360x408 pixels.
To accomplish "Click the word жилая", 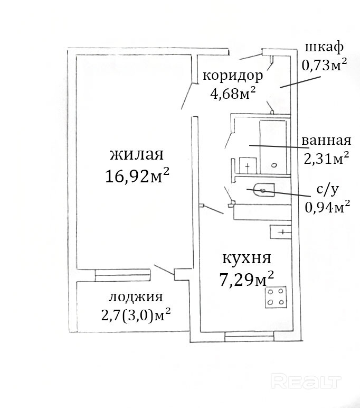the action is click(137, 154).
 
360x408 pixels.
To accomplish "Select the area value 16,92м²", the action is click(137, 175).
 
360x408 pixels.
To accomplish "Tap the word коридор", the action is click(233, 76).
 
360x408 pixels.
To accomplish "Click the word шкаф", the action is click(324, 48).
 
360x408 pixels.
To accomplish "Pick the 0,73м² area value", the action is click(324, 64).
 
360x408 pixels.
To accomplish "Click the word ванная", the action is click(326, 141).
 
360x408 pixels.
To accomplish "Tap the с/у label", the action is click(328, 190).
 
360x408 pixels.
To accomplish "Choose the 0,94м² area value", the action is click(327, 207).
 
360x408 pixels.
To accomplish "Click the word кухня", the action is click(247, 258).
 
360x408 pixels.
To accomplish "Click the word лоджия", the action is click(136, 297).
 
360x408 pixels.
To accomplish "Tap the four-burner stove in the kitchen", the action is click(276, 297).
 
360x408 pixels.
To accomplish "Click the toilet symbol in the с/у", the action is click(263, 190).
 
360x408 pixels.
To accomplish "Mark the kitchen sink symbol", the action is click(280, 231).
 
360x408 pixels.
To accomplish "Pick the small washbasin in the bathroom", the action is click(248, 165).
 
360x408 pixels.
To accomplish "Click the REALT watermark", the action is click(306, 382).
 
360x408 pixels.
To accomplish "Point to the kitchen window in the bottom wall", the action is click(249, 337).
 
